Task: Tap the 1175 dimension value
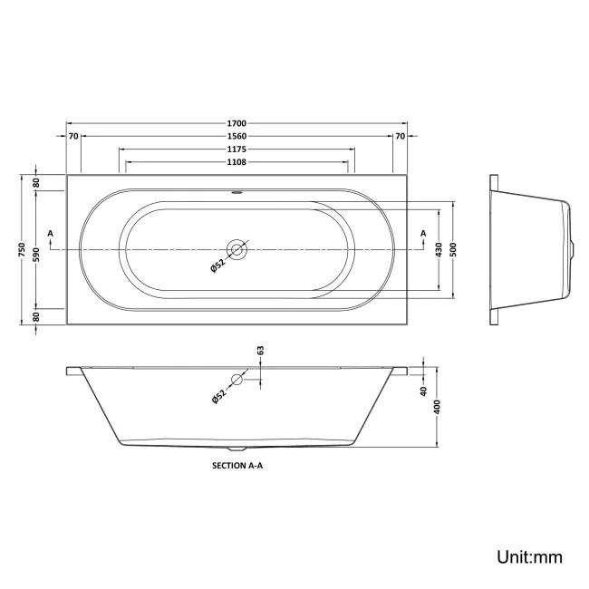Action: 237,149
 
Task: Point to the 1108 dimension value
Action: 237,162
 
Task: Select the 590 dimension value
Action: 37,249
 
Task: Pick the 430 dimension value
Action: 439,248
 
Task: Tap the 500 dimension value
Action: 453,248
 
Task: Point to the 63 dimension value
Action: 260,350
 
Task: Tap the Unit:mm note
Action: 528,556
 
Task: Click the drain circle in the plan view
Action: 237,248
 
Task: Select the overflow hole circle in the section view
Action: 237,381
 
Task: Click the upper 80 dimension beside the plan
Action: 37,182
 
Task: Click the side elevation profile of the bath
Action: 530,248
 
